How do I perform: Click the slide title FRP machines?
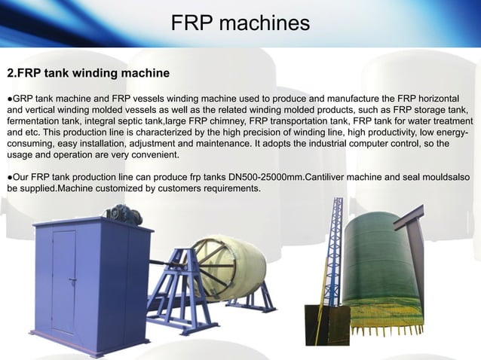[240, 23]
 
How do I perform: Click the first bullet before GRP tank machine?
[10, 99]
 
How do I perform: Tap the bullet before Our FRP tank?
[10, 176]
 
